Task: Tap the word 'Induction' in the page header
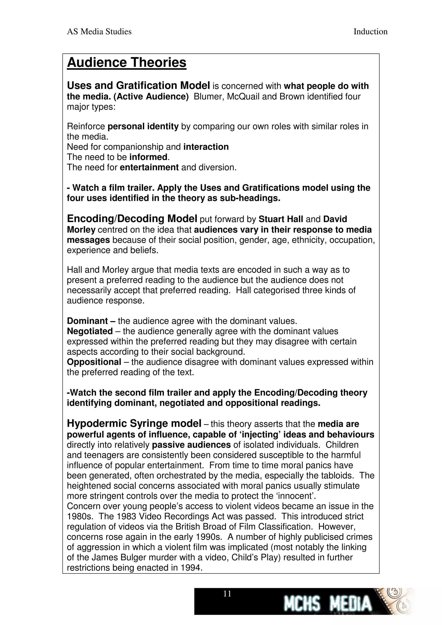370,32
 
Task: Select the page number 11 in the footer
227,594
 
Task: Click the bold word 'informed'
148,157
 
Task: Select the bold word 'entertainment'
149,167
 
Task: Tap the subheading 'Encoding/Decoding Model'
132,219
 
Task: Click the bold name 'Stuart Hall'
281,219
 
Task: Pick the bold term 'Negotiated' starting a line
90,331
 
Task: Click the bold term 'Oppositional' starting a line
94,362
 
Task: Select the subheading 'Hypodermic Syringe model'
134,424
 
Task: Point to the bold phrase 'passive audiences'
191,445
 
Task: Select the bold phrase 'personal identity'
143,127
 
